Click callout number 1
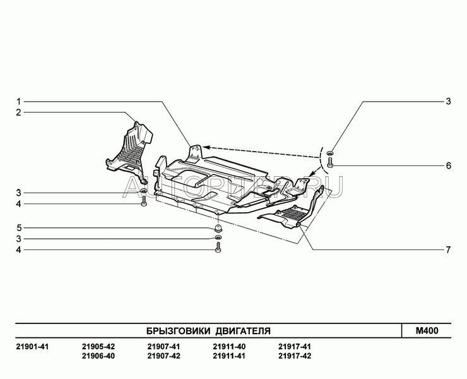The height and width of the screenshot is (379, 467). click(x=19, y=102)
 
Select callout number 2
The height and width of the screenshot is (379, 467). click(x=19, y=112)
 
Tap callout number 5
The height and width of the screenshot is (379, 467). click(x=19, y=227)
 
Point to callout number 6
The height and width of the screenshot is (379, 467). click(x=449, y=166)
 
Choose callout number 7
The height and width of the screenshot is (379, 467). click(x=449, y=250)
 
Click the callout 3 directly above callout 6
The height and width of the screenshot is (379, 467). click(x=449, y=101)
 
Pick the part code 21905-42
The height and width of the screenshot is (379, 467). click(x=98, y=347)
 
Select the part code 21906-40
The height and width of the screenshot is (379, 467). click(x=98, y=356)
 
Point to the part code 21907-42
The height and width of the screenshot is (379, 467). click(x=163, y=356)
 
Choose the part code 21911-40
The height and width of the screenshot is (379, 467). click(x=229, y=347)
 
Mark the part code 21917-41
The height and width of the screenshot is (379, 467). click(x=295, y=347)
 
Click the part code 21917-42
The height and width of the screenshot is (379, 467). click(x=295, y=356)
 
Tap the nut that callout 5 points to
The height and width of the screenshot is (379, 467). click(x=218, y=227)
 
